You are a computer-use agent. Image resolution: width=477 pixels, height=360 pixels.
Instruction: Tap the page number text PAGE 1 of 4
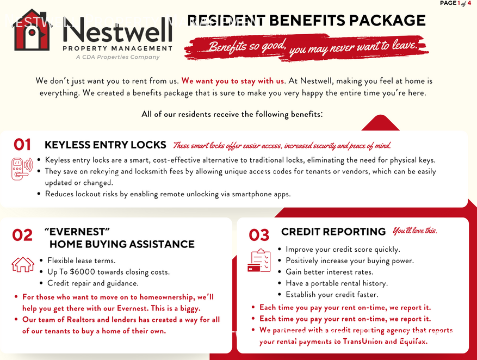(x=455, y=3)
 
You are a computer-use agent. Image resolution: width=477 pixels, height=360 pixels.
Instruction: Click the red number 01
(x=22, y=145)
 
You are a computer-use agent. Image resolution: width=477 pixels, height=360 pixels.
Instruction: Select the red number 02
(x=22, y=235)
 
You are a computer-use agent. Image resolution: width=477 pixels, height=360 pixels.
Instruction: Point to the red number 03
(x=259, y=235)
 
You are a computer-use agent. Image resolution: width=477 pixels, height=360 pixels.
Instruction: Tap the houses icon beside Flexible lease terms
(x=23, y=264)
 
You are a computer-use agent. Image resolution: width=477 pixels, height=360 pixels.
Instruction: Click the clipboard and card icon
(x=259, y=260)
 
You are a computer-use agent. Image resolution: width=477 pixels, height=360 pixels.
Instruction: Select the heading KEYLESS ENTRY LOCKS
(x=105, y=145)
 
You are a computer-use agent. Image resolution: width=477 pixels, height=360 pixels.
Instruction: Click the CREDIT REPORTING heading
(x=333, y=232)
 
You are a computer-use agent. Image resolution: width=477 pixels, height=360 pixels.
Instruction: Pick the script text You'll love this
(x=414, y=231)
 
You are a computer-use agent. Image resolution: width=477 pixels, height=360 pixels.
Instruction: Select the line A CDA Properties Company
(x=117, y=57)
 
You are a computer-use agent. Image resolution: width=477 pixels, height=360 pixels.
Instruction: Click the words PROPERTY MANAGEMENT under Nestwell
(x=117, y=48)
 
